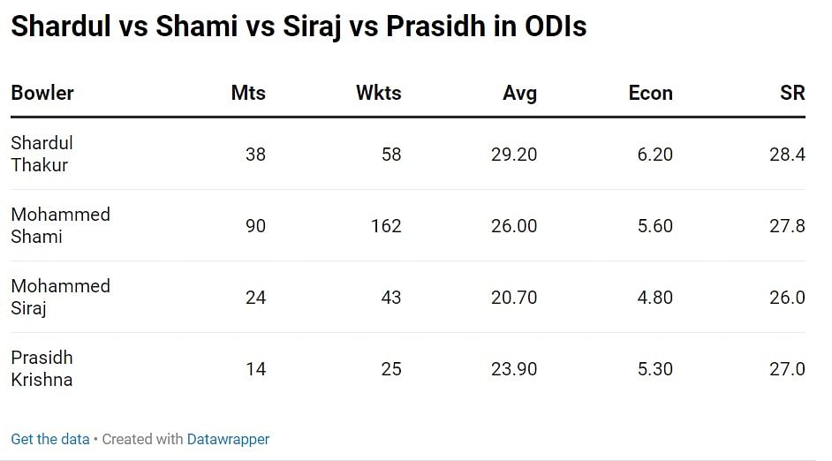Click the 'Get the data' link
tap(50, 439)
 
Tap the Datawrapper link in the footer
tap(228, 439)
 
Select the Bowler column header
tap(42, 93)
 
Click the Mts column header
tap(248, 93)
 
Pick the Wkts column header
tap(378, 93)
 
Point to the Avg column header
tap(519, 93)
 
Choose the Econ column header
tap(650, 93)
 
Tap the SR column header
tap(792, 93)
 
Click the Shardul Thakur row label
tap(42, 154)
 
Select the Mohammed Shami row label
tap(60, 225)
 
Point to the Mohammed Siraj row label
tap(60, 297)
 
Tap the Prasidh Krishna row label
tap(42, 368)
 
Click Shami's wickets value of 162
tap(386, 226)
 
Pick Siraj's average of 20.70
tap(514, 298)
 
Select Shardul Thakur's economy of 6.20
tap(654, 155)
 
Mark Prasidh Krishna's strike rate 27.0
tap(787, 369)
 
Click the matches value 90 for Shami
tap(255, 226)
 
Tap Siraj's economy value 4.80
tap(654, 298)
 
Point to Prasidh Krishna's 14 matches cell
tap(255, 369)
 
